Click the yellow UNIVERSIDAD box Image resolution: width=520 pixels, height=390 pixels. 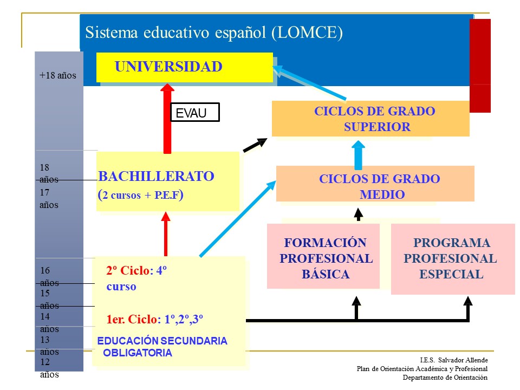(185, 67)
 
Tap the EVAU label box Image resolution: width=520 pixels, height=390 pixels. (195, 113)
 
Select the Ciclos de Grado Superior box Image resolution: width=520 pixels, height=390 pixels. (370, 119)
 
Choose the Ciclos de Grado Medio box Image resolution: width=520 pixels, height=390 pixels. (375, 184)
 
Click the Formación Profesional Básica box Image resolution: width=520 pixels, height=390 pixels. (323, 256)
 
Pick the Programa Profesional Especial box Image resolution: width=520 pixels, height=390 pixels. (453, 259)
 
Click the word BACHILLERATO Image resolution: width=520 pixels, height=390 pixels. (156, 176)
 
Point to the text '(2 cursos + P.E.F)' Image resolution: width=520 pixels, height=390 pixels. (141, 194)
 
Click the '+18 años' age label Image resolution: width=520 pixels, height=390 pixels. (58, 75)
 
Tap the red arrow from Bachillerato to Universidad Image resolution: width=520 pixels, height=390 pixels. (167, 119)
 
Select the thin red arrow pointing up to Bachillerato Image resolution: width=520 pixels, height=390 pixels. (166, 234)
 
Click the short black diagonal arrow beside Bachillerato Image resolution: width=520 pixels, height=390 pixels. (255, 145)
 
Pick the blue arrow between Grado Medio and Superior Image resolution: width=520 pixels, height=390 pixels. (358, 155)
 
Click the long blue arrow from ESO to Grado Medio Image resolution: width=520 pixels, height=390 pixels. (238, 219)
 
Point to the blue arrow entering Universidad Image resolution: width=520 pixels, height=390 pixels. (309, 82)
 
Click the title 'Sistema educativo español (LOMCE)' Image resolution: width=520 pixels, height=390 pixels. (214, 33)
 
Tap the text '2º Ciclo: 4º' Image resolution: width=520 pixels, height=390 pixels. (136, 271)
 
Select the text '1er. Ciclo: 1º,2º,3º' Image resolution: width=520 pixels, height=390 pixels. (154, 319)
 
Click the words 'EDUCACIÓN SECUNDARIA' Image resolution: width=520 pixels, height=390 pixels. (162, 341)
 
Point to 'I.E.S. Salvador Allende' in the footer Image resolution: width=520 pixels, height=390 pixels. (454, 360)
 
